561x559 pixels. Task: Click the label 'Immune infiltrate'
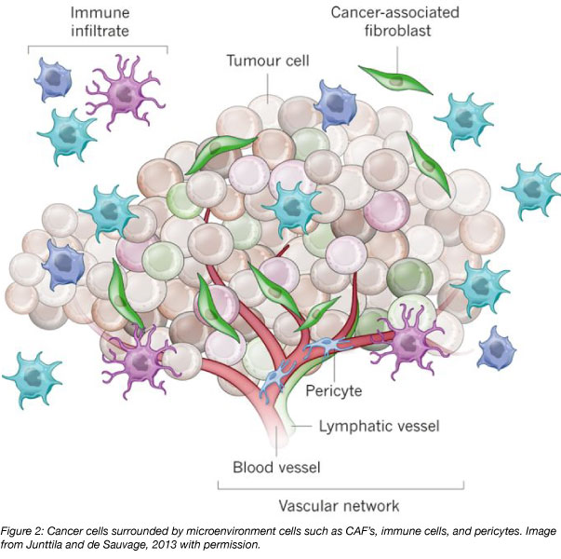click(x=98, y=22)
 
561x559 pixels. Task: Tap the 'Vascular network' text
click(x=341, y=506)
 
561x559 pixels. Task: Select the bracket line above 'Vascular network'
click(x=341, y=487)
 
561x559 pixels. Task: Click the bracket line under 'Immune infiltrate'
click(x=98, y=46)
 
